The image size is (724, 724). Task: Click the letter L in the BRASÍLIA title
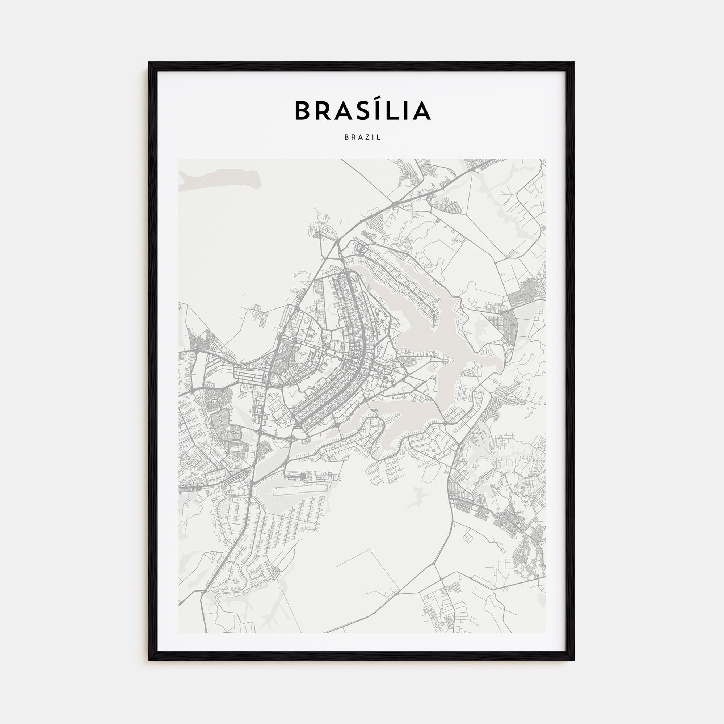pyautogui.click(x=392, y=111)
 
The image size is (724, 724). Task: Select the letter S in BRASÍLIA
pyautogui.click(x=362, y=111)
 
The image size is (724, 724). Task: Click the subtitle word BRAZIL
pyautogui.click(x=362, y=138)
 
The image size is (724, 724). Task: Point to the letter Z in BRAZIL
pyautogui.click(x=367, y=138)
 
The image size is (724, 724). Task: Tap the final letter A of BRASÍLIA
pyautogui.click(x=422, y=111)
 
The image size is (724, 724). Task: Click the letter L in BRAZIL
pyautogui.click(x=379, y=138)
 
